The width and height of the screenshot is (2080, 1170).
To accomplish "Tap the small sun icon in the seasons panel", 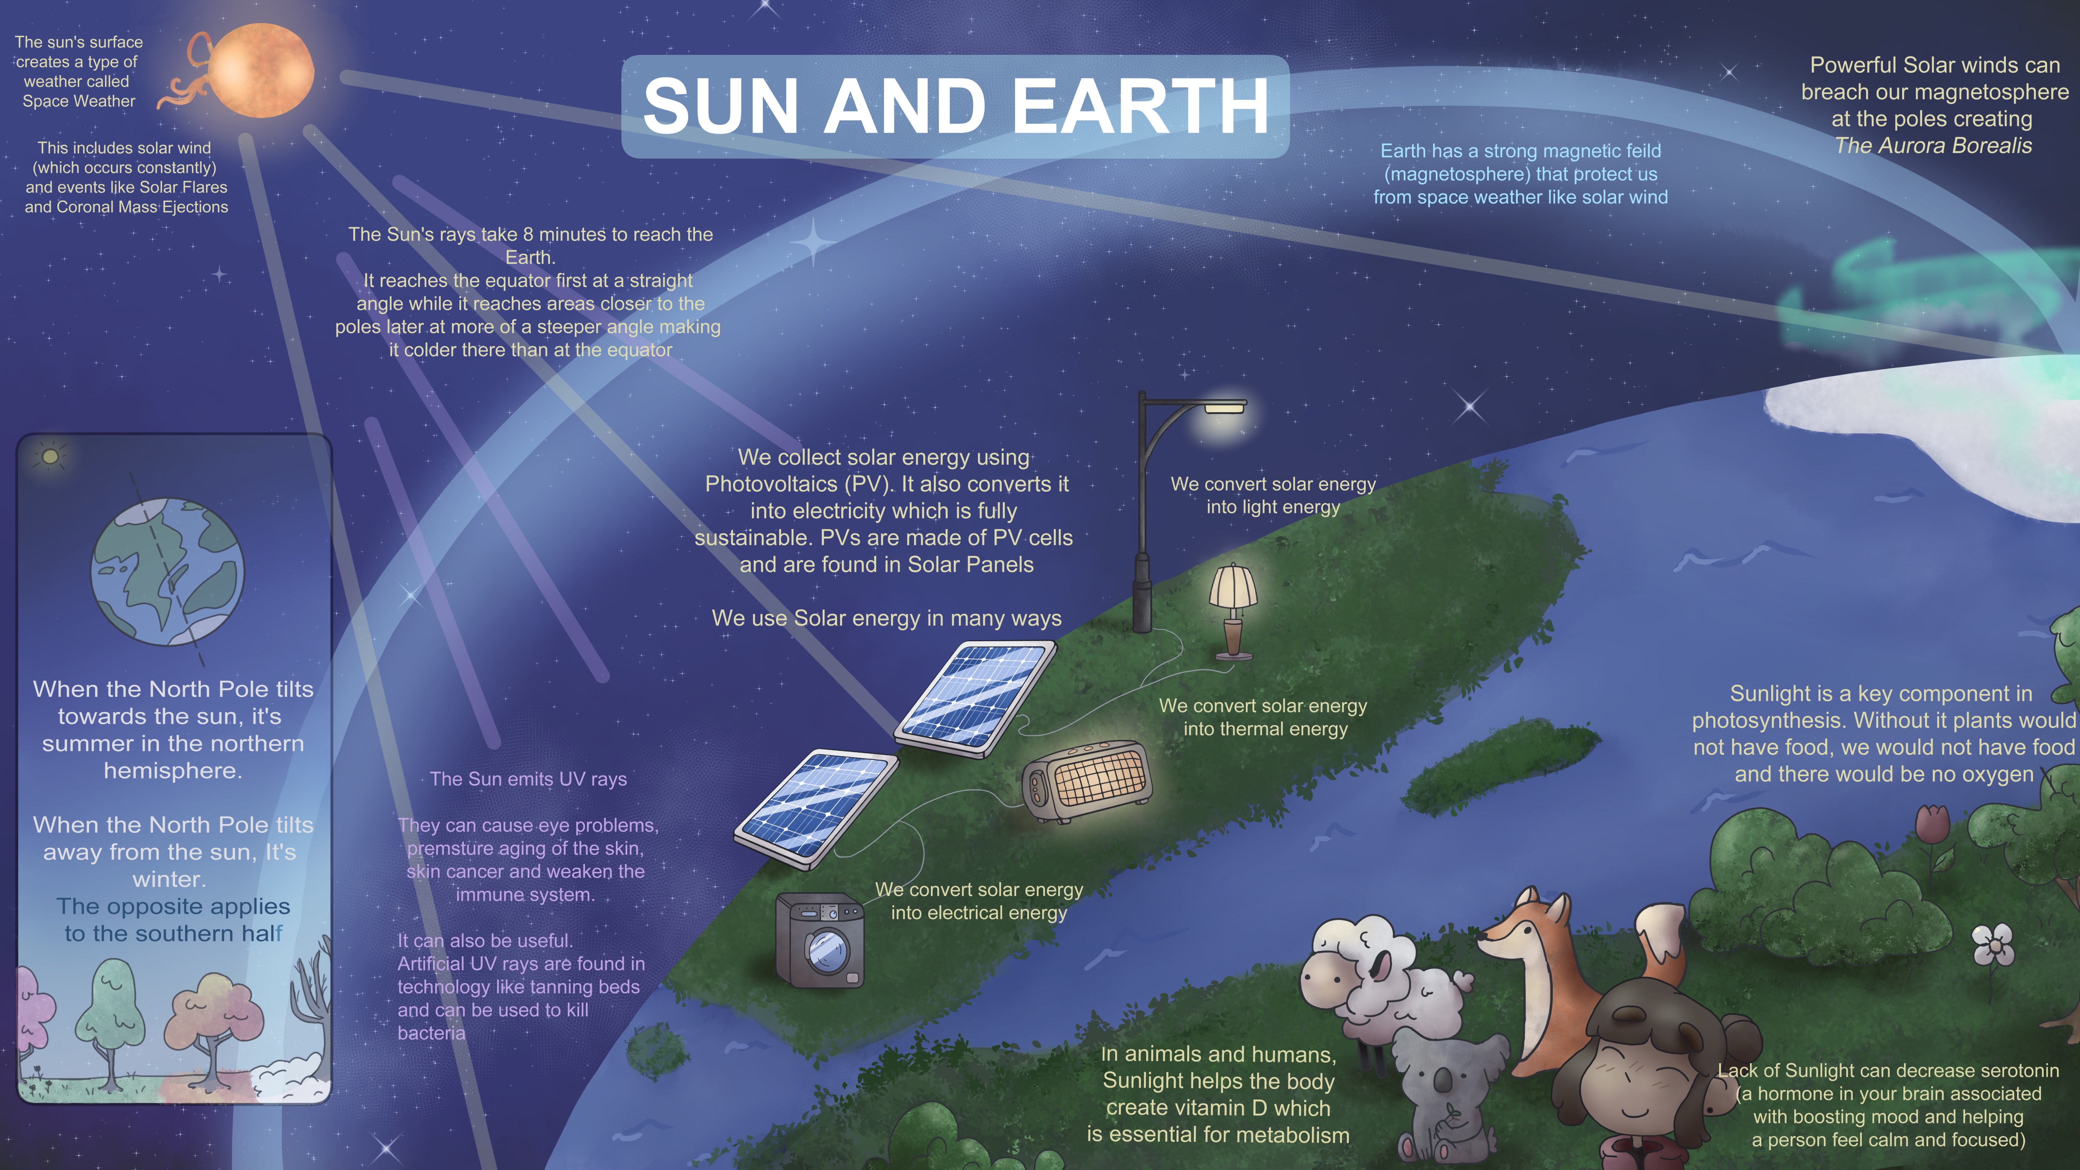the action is click(x=50, y=456).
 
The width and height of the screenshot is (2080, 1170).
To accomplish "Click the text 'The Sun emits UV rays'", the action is click(x=528, y=779).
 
